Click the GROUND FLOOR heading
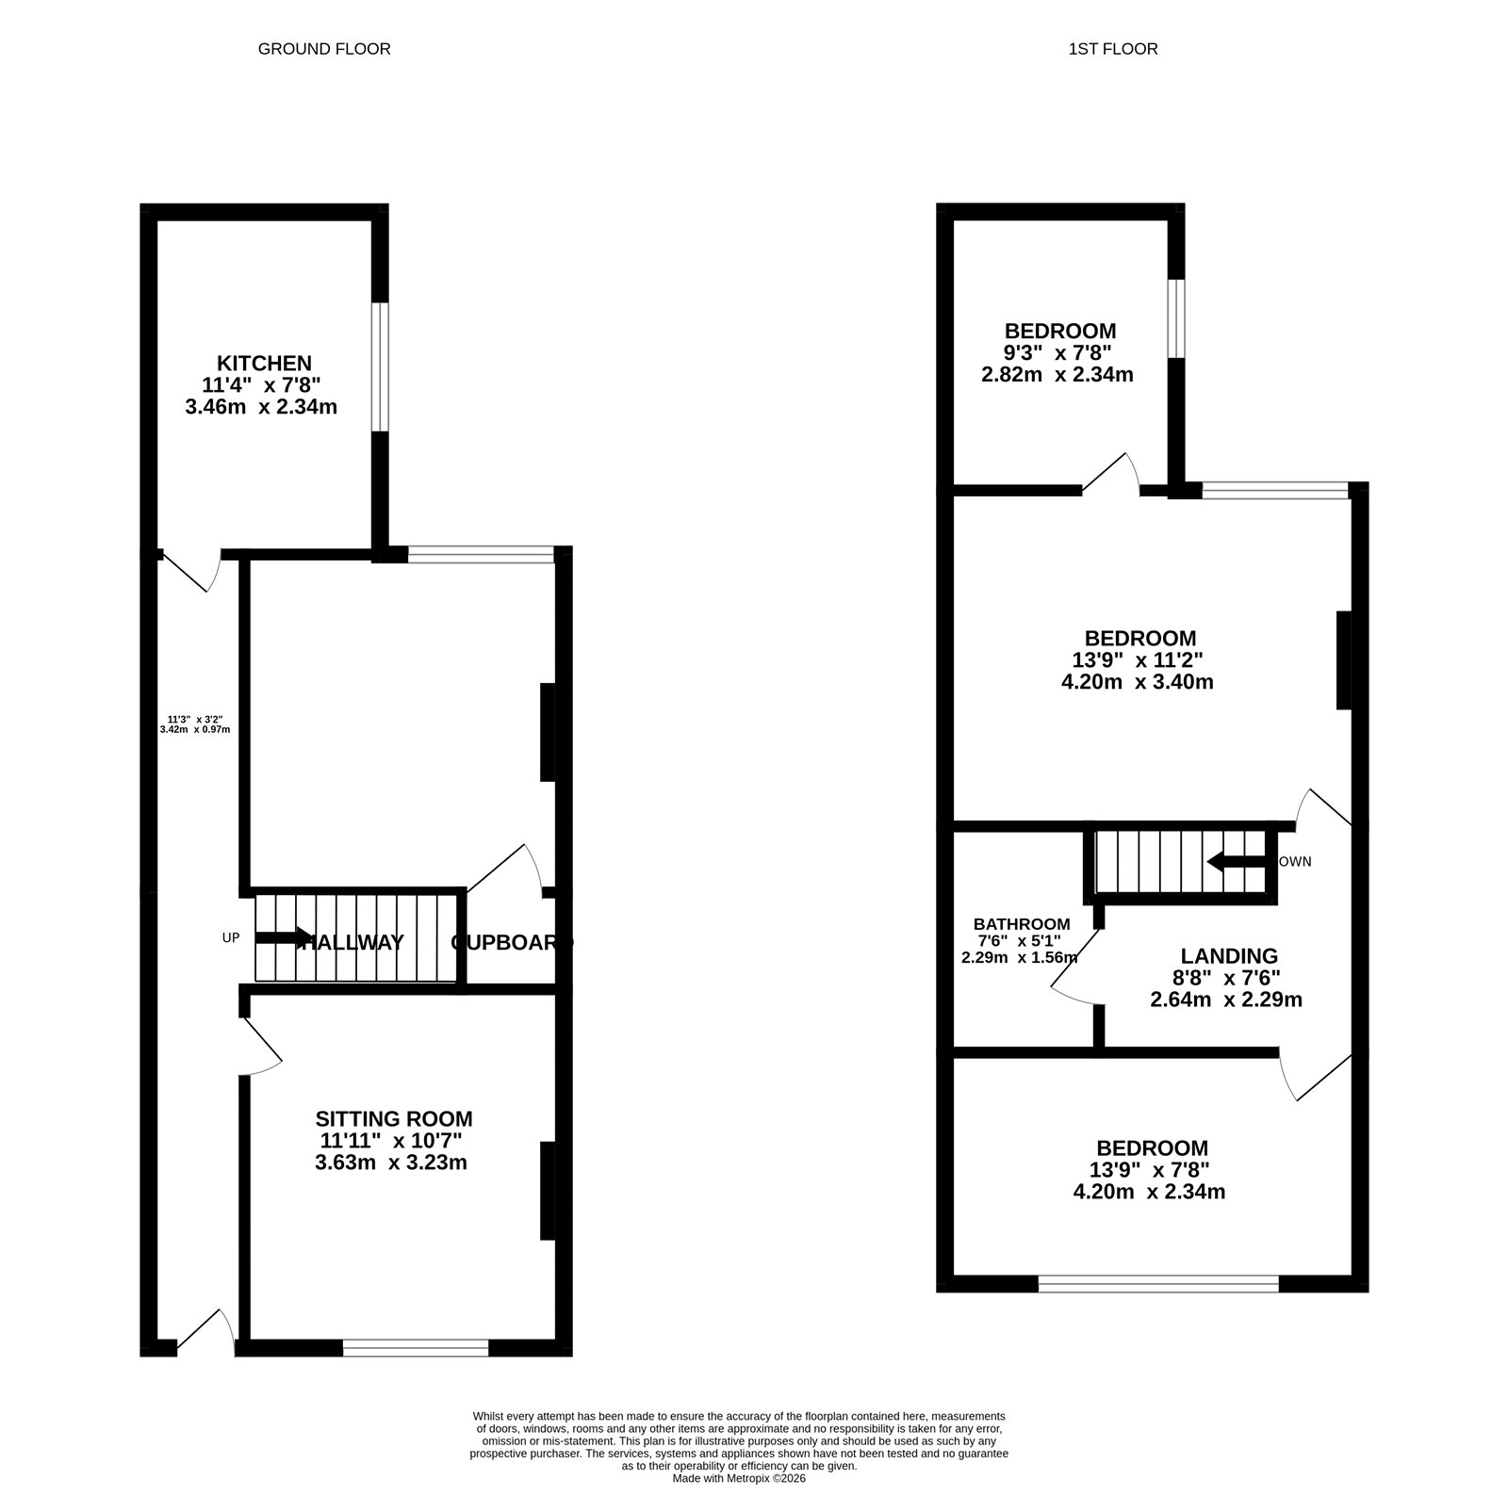pos(323,49)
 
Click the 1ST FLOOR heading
pos(1112,49)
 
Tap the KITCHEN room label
pos(264,363)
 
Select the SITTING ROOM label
pos(393,1118)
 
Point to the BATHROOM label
pos(1022,924)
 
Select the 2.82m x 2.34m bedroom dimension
pos(1057,375)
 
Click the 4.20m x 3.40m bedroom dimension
pos(1137,681)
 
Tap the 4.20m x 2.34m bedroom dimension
pos(1149,1192)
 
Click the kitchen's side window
pos(379,366)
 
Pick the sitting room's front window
pos(416,1349)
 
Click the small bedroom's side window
pos(1175,318)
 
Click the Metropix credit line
pos(739,1479)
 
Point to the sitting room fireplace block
pos(547,1191)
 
